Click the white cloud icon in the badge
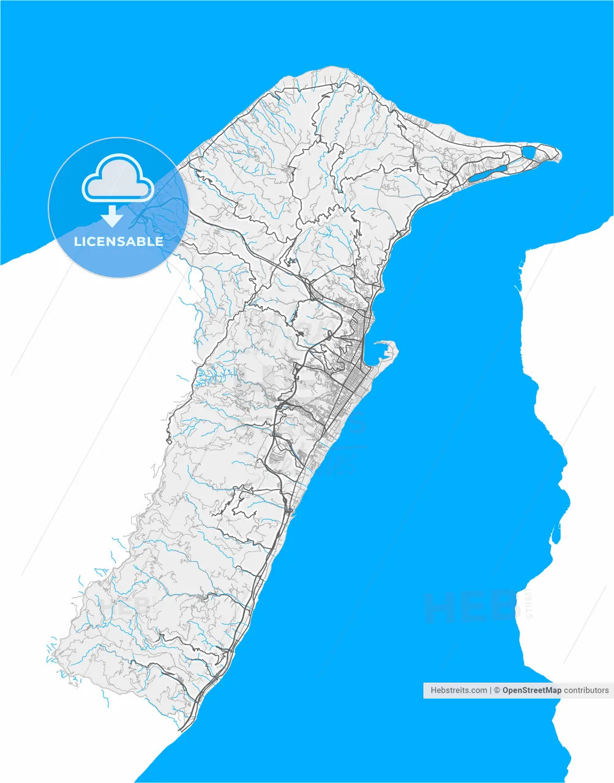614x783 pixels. [117, 179]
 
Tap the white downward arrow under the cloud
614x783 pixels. [111, 216]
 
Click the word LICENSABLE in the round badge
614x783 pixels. [119, 241]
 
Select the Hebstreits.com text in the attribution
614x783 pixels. [459, 690]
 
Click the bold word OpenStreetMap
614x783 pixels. [531, 690]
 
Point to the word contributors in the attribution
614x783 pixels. [586, 690]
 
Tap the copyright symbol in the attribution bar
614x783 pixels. [498, 690]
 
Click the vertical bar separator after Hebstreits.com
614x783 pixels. [490, 690]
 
